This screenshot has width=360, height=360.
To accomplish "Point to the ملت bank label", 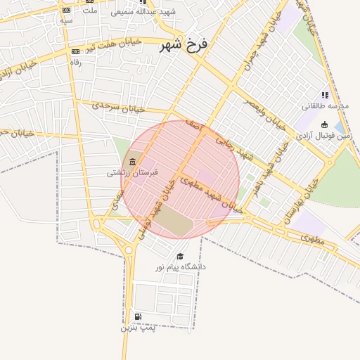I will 90,12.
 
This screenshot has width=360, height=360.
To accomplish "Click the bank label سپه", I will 66,21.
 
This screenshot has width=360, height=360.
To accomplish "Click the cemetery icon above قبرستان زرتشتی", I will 134,162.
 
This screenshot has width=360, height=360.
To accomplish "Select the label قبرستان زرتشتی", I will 133,172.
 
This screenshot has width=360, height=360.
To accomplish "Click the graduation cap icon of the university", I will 180,257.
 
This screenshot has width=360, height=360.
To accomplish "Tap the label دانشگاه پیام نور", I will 181,267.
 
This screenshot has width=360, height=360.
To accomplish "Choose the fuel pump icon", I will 137,316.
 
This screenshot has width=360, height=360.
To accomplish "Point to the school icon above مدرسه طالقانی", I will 324,95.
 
